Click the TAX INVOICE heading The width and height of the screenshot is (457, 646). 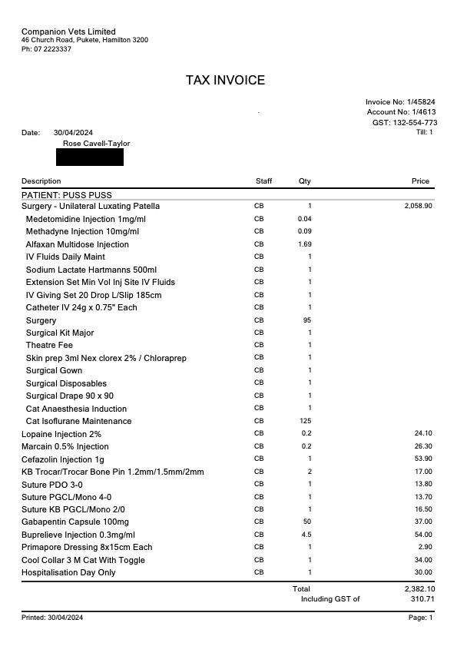point(225,81)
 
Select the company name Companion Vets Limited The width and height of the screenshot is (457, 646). point(68,31)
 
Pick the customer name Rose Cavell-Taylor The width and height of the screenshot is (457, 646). point(96,144)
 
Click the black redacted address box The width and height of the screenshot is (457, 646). point(90,157)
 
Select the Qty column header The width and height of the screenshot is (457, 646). point(305,181)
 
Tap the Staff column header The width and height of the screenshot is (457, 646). point(263,181)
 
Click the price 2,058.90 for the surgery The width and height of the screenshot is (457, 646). point(418,206)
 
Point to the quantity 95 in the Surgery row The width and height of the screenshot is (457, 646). point(307,320)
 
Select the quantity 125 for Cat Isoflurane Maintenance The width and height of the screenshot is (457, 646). point(306,421)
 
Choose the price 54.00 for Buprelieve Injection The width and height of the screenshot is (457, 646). point(423,535)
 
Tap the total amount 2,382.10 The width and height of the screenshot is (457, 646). point(419,588)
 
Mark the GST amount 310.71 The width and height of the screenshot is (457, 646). point(422,599)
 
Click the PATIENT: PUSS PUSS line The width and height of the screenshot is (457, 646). point(67,195)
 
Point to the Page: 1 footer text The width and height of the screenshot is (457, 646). point(420,618)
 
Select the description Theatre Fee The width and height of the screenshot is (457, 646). point(49,346)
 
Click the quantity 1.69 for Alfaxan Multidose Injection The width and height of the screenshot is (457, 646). point(305,244)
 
